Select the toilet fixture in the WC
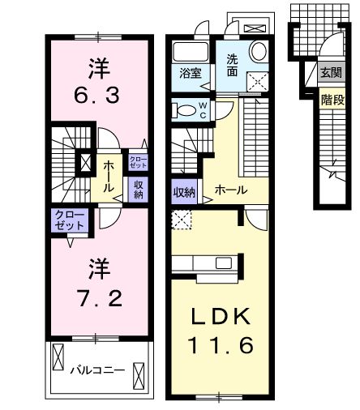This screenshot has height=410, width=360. (x=185, y=111)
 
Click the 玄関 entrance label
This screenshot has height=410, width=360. (x=330, y=74)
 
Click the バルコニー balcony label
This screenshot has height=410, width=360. (x=96, y=369)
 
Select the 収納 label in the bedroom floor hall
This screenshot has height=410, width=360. (x=138, y=188)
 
